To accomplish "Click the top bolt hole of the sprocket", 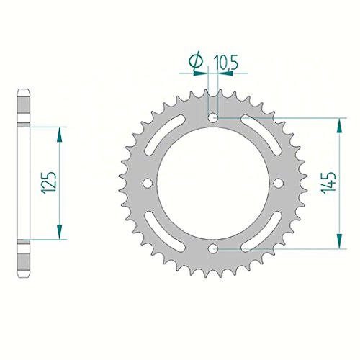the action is [213, 118].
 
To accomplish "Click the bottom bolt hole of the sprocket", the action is [213, 249].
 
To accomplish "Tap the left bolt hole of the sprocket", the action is [148, 184].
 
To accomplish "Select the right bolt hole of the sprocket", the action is [279, 184].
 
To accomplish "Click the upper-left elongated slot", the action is [165, 135].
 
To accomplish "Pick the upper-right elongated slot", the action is [261, 135].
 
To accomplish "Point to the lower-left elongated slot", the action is [165, 232].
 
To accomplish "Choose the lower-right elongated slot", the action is [261, 232].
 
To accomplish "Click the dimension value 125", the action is [49, 183].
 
